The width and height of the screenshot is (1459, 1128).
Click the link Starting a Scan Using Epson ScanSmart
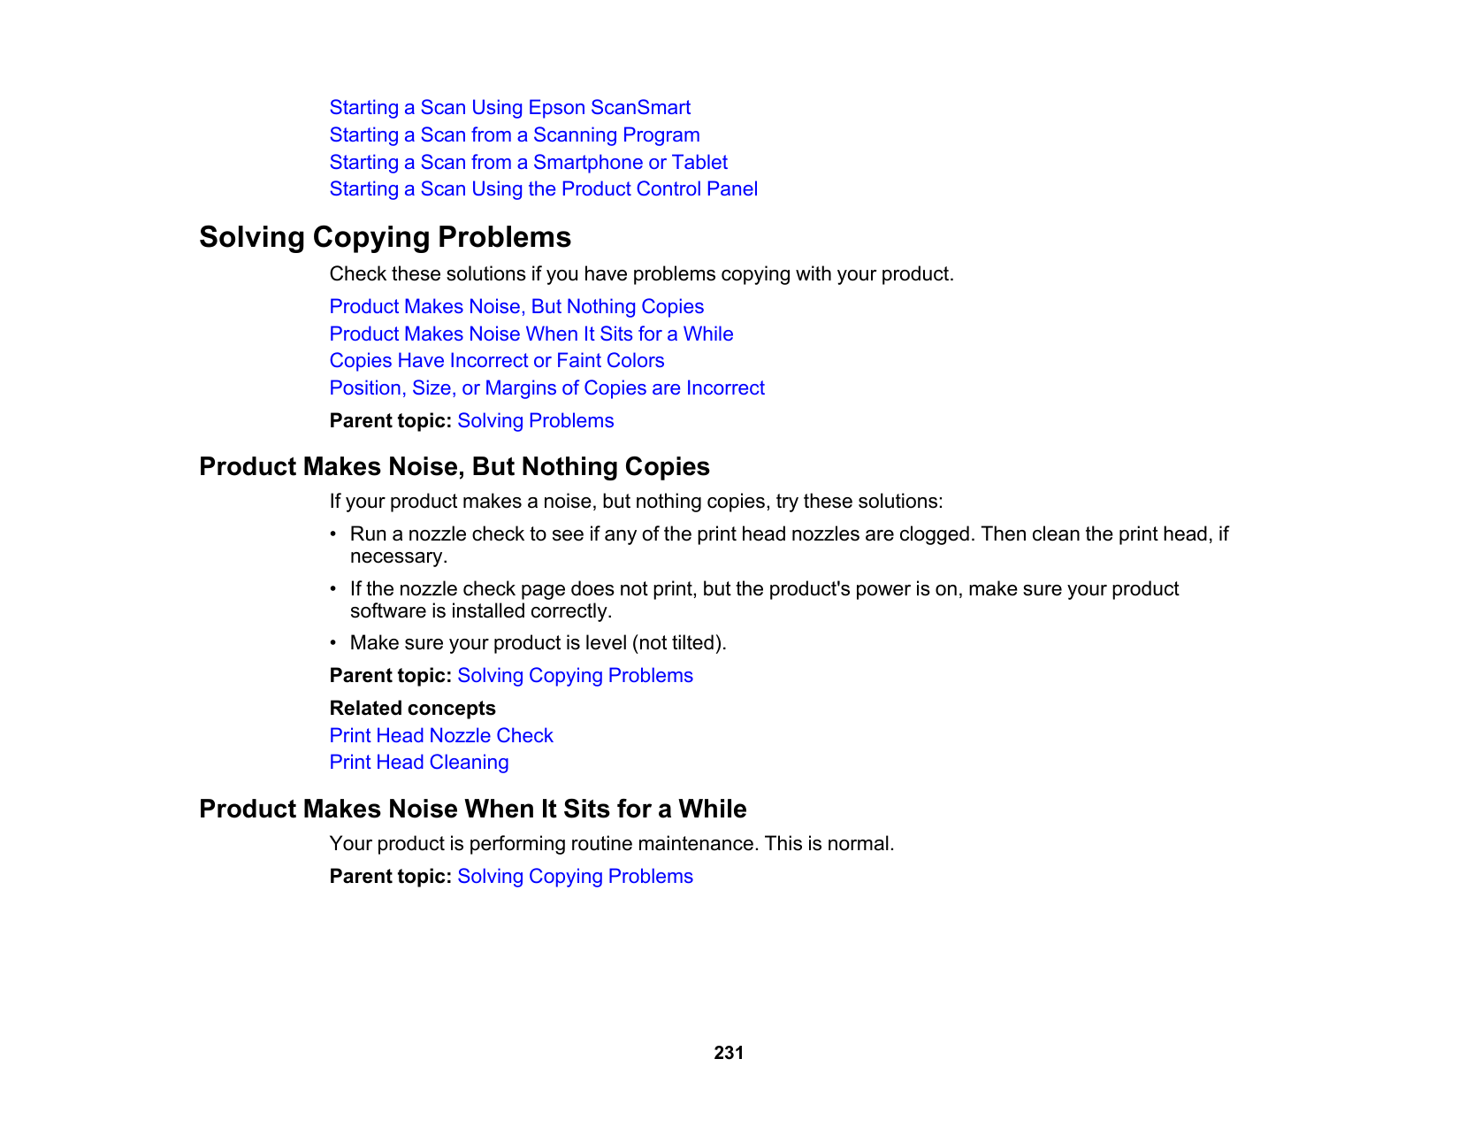click(509, 108)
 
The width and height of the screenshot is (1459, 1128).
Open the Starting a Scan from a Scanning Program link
click(514, 135)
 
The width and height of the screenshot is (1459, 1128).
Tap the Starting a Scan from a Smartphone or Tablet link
click(528, 163)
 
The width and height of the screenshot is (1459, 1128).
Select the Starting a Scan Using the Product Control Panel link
click(543, 189)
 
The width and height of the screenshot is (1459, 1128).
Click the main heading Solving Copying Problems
click(385, 237)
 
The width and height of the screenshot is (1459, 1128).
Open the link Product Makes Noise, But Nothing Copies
click(516, 307)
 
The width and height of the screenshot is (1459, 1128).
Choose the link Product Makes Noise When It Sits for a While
click(531, 334)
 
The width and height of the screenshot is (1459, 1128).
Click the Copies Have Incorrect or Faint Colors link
click(496, 361)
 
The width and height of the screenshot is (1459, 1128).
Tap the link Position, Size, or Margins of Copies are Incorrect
click(546, 388)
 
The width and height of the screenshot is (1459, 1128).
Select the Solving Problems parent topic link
click(535, 421)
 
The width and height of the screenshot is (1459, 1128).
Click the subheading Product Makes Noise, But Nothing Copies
click(454, 467)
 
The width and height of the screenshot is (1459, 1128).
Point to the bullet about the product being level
click(538, 643)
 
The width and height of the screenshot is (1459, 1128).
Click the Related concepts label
click(412, 709)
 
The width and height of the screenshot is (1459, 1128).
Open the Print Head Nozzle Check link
click(440, 736)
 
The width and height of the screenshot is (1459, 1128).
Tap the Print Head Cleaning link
click(418, 763)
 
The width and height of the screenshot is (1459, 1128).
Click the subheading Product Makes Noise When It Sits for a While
click(472, 810)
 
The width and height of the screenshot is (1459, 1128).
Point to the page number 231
click(729, 1053)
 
